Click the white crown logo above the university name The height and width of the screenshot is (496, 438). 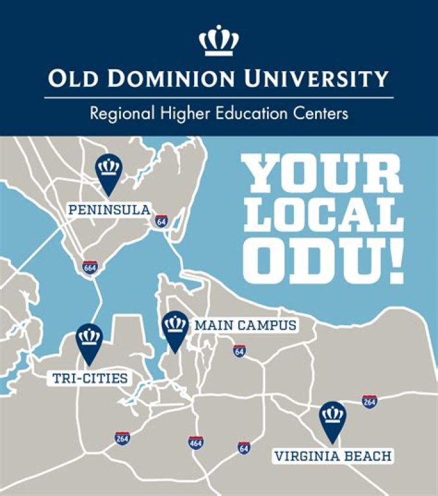tap(218, 41)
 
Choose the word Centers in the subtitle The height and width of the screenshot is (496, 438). tap(322, 114)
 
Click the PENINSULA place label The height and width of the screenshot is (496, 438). tap(109, 210)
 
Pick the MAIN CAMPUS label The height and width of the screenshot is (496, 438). tap(245, 326)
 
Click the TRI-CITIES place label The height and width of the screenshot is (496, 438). tap(89, 378)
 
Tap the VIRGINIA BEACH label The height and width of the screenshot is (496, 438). tap(333, 456)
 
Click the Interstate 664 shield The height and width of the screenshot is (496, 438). tap(91, 267)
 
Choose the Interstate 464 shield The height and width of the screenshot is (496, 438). tap(195, 443)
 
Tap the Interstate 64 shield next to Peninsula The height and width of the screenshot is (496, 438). tap(161, 221)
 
